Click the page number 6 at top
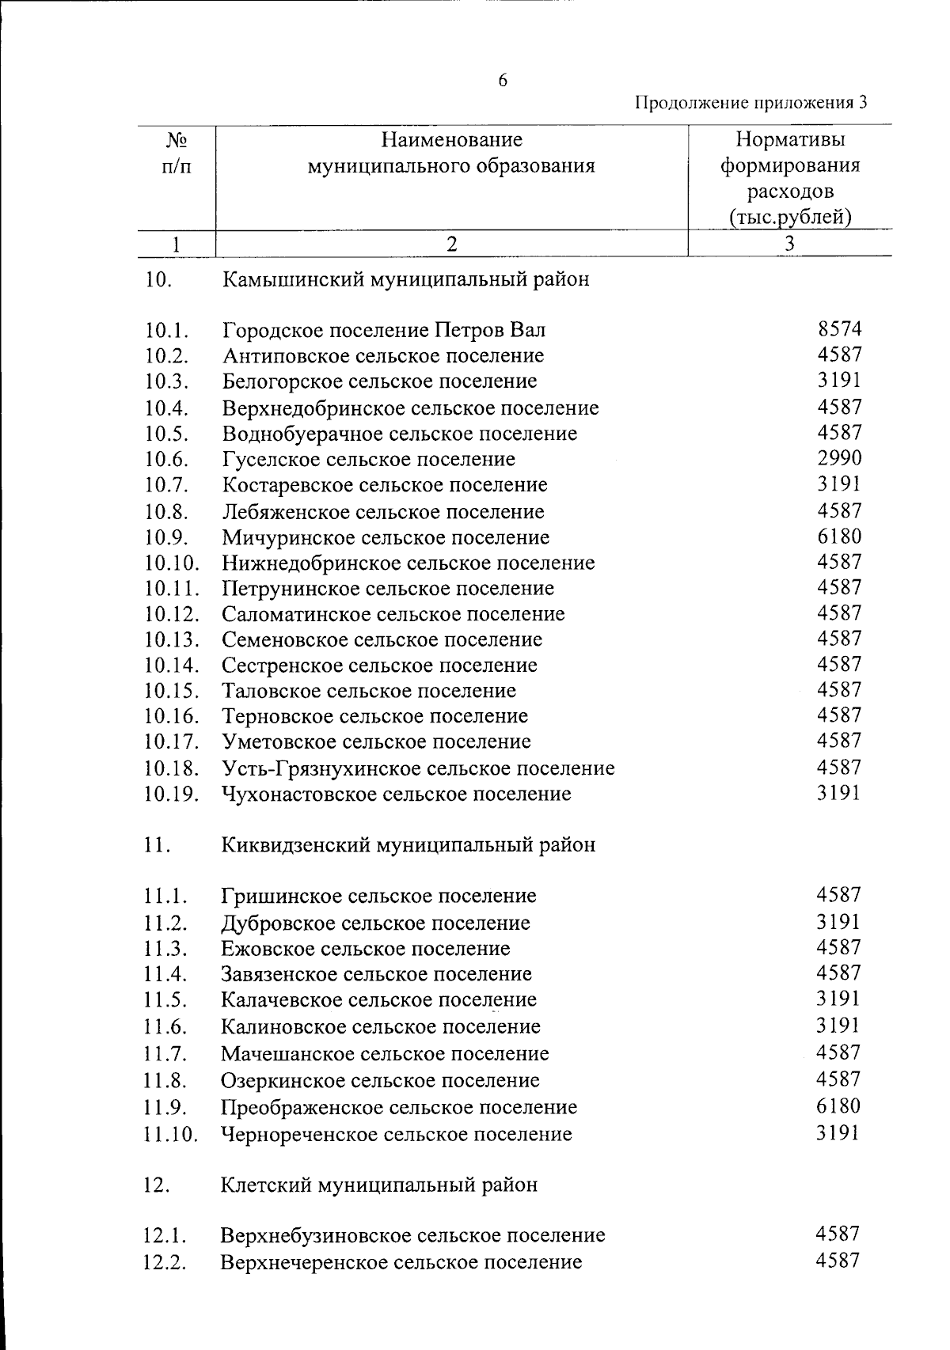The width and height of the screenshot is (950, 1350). [x=502, y=81]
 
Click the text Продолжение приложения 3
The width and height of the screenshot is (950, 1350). [x=751, y=103]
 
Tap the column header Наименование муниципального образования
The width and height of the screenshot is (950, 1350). [x=451, y=154]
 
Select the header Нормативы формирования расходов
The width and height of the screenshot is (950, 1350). [x=789, y=178]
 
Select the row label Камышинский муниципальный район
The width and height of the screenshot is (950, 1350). [x=405, y=279]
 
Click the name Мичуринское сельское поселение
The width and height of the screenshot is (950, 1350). [x=386, y=537]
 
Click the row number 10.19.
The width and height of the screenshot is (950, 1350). [x=171, y=794]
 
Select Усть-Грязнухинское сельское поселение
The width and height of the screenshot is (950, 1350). [x=418, y=768]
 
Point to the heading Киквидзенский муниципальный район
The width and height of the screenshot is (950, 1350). [x=408, y=845]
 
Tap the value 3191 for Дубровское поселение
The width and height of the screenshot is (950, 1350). [x=838, y=922]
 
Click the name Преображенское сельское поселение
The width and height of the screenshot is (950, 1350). [x=399, y=1107]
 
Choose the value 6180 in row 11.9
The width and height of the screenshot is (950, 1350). [x=838, y=1106]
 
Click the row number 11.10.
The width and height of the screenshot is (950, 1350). [x=170, y=1134]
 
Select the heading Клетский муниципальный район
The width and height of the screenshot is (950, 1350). [x=379, y=1185]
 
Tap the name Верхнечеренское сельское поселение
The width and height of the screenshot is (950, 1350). [x=401, y=1262]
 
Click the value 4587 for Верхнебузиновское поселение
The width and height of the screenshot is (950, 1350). [x=838, y=1234]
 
